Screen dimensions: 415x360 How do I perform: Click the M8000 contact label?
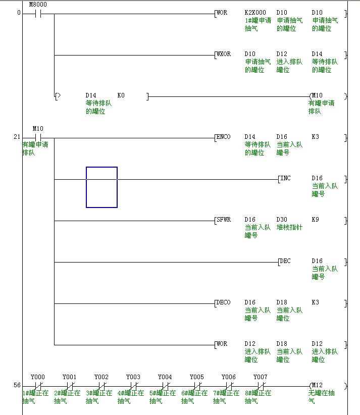(38, 5)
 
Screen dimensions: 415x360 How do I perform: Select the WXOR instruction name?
(223, 54)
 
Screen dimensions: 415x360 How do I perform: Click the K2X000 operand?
(255, 13)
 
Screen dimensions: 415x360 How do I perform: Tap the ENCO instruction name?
(223, 137)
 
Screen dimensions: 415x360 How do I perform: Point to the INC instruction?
(286, 178)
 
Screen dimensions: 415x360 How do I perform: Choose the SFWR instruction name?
(223, 220)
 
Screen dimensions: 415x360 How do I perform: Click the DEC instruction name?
(286, 261)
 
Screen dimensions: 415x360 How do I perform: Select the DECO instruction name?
(223, 302)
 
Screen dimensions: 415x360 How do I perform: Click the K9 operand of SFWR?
(316, 220)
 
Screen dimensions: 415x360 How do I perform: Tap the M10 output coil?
(317, 95)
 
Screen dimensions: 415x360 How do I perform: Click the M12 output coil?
(317, 386)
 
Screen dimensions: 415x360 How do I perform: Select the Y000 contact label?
(38, 377)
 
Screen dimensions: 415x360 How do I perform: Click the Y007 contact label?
(260, 377)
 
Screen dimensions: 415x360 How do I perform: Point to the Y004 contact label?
(165, 377)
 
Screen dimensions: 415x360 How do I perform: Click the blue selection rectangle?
(101, 187)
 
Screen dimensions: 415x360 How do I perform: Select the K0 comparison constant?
(121, 95)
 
